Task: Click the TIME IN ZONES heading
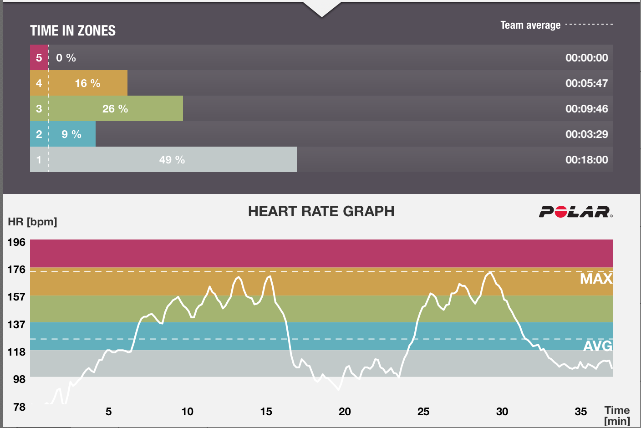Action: point(73,31)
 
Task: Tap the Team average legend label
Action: point(530,25)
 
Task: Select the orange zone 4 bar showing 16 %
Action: point(87,83)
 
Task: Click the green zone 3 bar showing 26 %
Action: point(115,109)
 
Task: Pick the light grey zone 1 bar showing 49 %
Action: point(172,160)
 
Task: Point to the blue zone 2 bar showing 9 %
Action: point(71,134)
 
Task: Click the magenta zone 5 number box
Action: point(39,58)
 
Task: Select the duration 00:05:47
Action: point(586,83)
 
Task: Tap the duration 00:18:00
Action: point(586,160)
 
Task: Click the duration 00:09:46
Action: point(586,109)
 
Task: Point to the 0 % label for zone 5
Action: point(66,58)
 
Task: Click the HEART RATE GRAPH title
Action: point(321,211)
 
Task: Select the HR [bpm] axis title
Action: point(32,222)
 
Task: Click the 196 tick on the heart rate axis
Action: point(16,242)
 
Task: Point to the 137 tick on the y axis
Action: point(16,325)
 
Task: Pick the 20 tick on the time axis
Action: point(345,412)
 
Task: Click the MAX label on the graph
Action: point(595,279)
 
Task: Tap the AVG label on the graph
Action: point(597,346)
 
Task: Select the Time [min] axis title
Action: point(617,415)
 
